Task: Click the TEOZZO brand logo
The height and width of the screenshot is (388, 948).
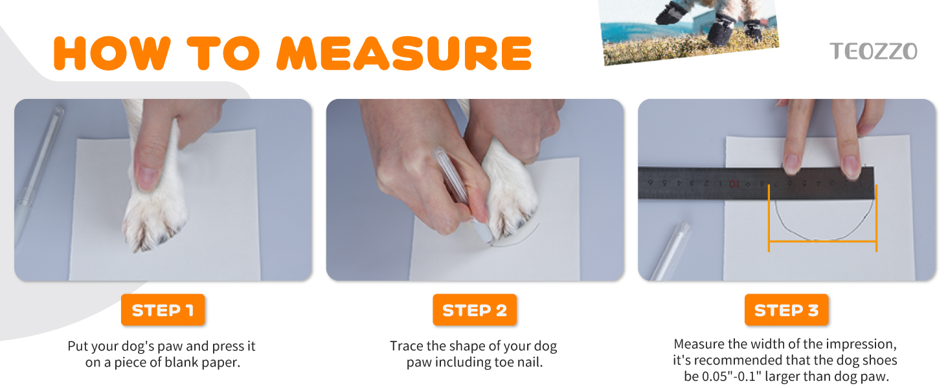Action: (873, 52)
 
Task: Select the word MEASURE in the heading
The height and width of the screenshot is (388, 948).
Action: (404, 53)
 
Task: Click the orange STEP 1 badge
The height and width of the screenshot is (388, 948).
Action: (163, 310)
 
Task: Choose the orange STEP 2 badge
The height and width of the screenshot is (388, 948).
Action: (475, 310)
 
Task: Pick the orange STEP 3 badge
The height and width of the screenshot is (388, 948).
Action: (786, 310)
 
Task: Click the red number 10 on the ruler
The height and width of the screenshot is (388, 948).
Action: (734, 184)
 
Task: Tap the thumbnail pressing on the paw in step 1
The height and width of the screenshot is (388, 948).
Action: (148, 178)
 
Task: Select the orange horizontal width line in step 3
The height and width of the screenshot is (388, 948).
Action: (822, 241)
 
